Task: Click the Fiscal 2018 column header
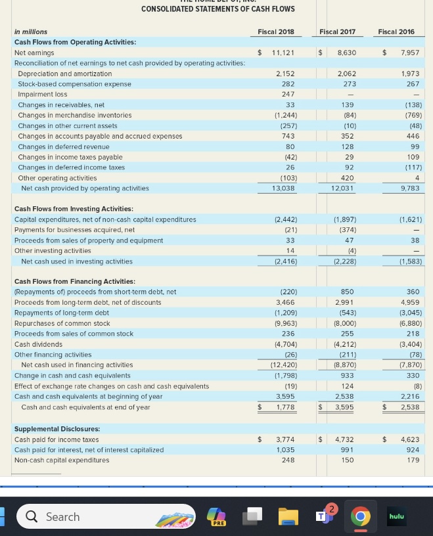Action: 276,32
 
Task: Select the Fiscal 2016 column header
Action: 396,32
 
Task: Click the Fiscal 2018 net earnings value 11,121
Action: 283,53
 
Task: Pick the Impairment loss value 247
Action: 288,94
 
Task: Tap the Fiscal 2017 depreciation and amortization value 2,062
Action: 346,74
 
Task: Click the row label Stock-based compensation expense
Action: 74,84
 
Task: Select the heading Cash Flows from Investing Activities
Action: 74,209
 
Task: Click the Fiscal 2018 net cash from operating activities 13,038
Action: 285,189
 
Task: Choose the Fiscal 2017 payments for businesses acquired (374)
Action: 348,230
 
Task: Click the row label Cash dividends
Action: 38,344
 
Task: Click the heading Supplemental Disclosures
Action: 57,429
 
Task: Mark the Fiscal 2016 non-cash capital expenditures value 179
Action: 413,460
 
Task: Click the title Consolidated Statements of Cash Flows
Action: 218,9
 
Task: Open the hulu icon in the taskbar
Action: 396,517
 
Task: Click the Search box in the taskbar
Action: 106,517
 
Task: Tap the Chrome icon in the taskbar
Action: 359,517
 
